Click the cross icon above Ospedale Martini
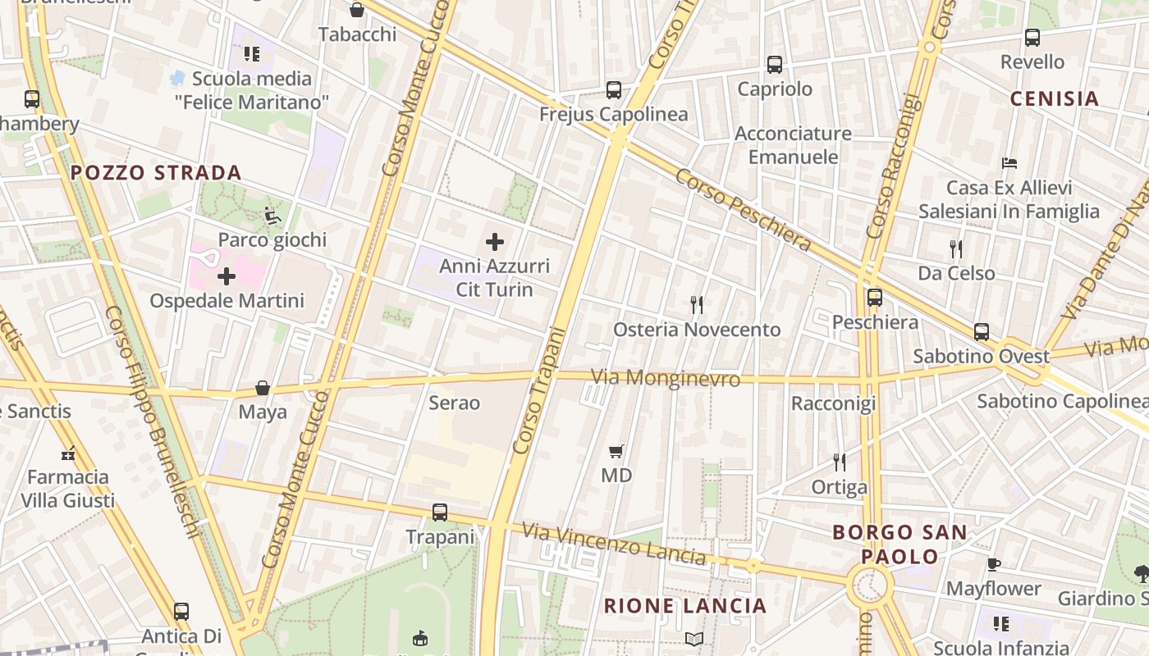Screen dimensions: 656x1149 (227, 276)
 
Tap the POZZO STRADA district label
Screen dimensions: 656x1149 (156, 173)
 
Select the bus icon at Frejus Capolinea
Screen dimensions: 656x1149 (614, 90)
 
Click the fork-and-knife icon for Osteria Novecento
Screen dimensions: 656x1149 (697, 305)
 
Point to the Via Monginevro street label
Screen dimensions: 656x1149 (666, 378)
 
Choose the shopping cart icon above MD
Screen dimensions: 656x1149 (616, 451)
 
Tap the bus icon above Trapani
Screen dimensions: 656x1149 (440, 512)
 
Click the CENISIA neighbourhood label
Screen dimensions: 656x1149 (1054, 99)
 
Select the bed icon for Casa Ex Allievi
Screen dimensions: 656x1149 (1009, 163)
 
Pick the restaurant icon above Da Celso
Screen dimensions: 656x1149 (955, 248)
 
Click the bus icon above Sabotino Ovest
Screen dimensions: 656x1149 (982, 332)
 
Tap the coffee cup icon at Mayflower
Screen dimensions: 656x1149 (993, 564)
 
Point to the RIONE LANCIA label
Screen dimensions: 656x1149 (685, 606)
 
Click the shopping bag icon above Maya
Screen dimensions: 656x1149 (263, 387)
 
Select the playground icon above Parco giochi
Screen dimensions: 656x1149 (272, 216)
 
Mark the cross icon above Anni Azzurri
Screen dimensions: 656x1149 (495, 242)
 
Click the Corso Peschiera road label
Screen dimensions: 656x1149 (743, 211)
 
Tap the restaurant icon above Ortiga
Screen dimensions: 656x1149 (839, 462)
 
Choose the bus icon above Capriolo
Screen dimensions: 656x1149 (775, 65)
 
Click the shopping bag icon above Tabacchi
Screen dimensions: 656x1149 (357, 10)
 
